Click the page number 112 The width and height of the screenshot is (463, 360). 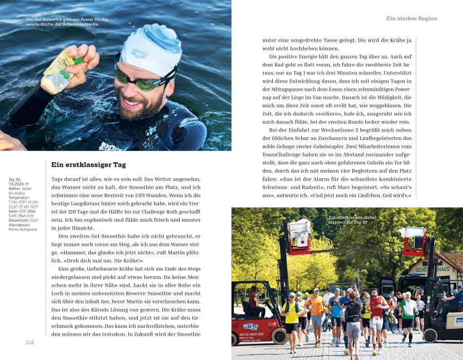click(30, 342)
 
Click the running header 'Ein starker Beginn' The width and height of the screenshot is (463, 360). click(411, 18)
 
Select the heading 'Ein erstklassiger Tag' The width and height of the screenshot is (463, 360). click(88, 164)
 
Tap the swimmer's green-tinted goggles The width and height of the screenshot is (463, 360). click(139, 79)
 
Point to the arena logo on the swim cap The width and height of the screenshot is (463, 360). click(140, 53)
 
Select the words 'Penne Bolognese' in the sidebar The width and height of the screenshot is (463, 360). click(23, 229)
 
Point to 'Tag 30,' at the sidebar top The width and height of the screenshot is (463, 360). click(15, 180)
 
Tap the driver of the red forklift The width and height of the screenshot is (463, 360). click(253, 301)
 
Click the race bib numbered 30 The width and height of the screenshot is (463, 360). click(377, 319)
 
